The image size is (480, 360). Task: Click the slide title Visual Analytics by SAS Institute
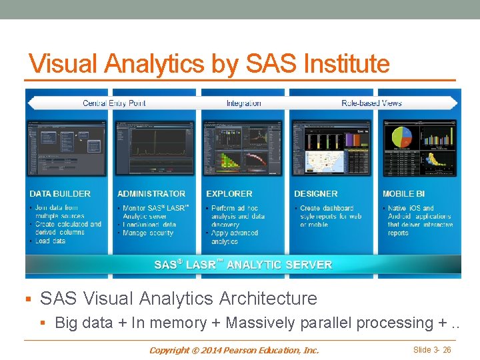[209, 64]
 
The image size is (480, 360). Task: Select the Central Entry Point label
[114, 103]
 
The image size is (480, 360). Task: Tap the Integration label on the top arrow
[243, 103]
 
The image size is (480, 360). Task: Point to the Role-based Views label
[371, 103]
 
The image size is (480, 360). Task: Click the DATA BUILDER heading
[60, 194]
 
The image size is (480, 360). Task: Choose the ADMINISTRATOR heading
[151, 194]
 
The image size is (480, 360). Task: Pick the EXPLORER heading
[229, 194]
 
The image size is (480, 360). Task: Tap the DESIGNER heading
[316, 194]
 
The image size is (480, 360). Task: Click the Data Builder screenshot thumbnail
[67, 147]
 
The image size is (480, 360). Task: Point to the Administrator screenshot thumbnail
[154, 147]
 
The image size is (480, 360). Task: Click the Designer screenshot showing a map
[331, 147]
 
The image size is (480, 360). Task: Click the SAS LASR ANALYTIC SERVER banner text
[243, 265]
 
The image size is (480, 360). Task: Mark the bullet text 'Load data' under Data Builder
[51, 241]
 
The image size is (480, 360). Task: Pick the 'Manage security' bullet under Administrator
[148, 233]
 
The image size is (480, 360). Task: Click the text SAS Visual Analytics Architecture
[179, 298]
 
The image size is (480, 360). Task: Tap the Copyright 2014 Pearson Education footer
[234, 350]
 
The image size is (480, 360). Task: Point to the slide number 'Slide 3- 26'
[432, 350]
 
